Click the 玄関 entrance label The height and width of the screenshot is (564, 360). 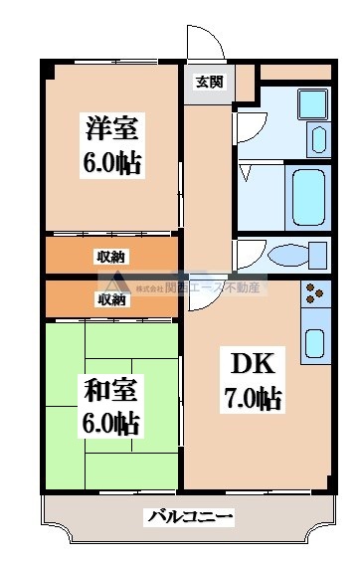point(207,82)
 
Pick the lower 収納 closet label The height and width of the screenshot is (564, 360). point(110,298)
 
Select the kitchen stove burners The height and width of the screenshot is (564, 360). point(315,294)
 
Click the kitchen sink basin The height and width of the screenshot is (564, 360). point(315,341)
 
